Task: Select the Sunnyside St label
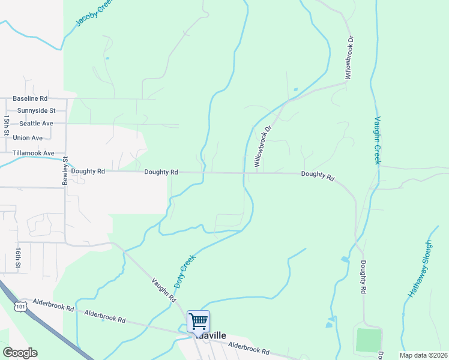(x=37, y=111)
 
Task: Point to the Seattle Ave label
(x=36, y=124)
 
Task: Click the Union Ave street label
(x=28, y=138)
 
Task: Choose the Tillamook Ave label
(x=34, y=154)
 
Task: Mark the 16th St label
(x=19, y=257)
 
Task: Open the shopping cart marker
(x=198, y=321)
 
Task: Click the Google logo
(x=20, y=353)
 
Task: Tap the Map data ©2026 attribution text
(x=423, y=355)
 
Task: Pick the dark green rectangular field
(x=369, y=340)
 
